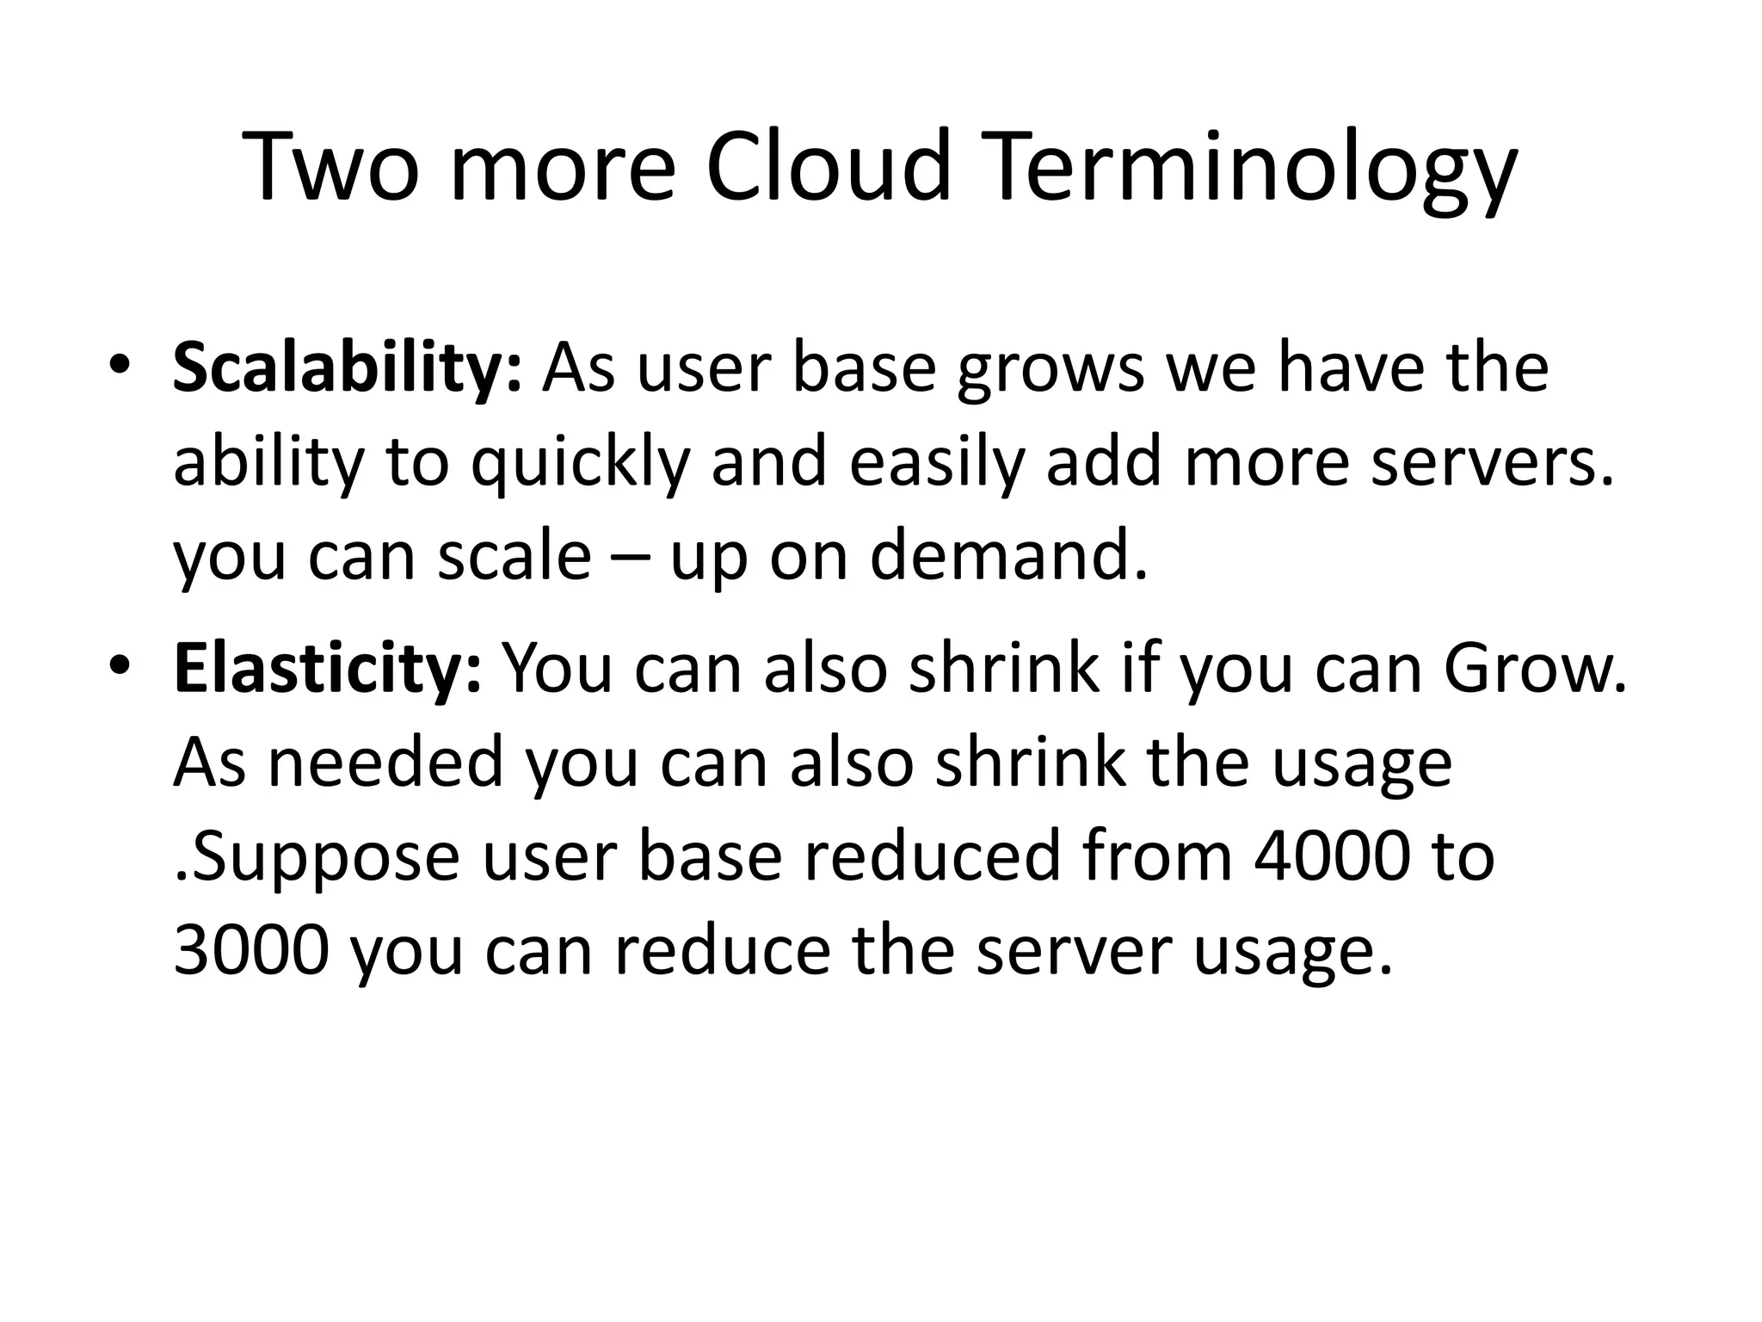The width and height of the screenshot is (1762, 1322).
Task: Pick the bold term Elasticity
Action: (327, 670)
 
